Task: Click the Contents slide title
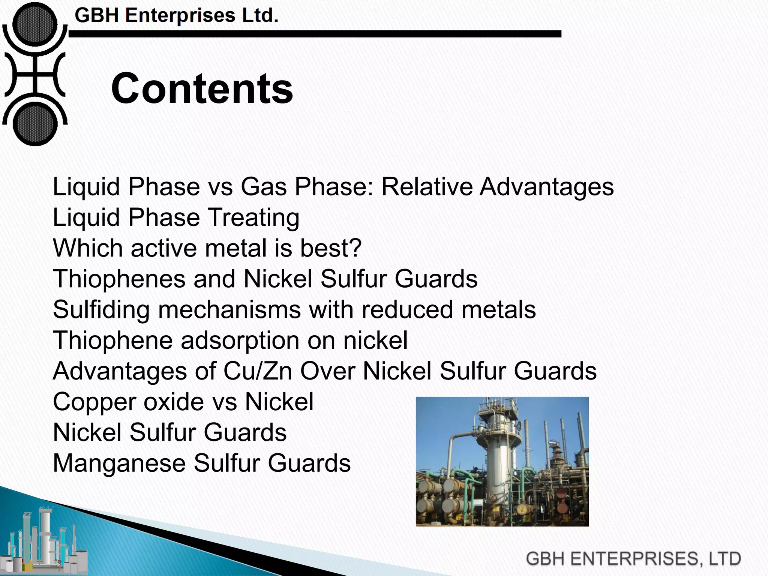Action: coord(202,89)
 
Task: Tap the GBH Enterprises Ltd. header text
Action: coord(176,16)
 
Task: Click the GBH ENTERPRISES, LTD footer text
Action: coord(633,559)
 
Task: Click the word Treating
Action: coord(254,217)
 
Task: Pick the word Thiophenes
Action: coord(119,279)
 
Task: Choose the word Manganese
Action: coord(119,463)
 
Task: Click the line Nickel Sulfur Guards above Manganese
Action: coord(169,433)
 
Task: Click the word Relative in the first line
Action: coord(427,186)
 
